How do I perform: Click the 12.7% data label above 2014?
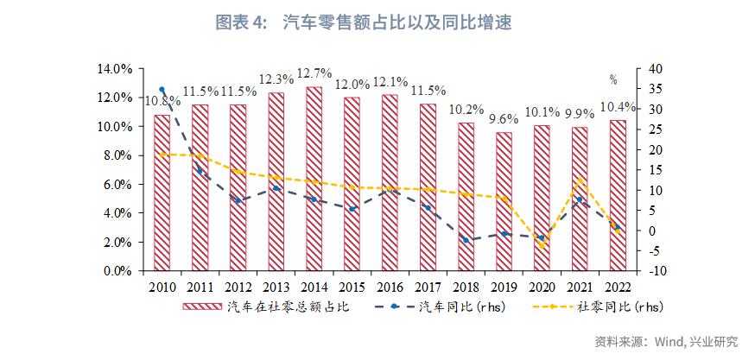click(314, 72)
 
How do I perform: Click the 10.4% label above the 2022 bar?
click(619, 107)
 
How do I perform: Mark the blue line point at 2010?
click(162, 90)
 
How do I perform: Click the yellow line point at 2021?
click(579, 180)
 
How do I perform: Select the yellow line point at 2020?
click(542, 246)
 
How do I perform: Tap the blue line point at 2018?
click(466, 240)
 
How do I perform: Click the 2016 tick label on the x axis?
click(390, 287)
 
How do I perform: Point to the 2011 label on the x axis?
click(200, 287)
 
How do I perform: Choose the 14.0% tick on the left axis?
click(116, 69)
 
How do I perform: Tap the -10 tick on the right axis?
click(653, 271)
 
